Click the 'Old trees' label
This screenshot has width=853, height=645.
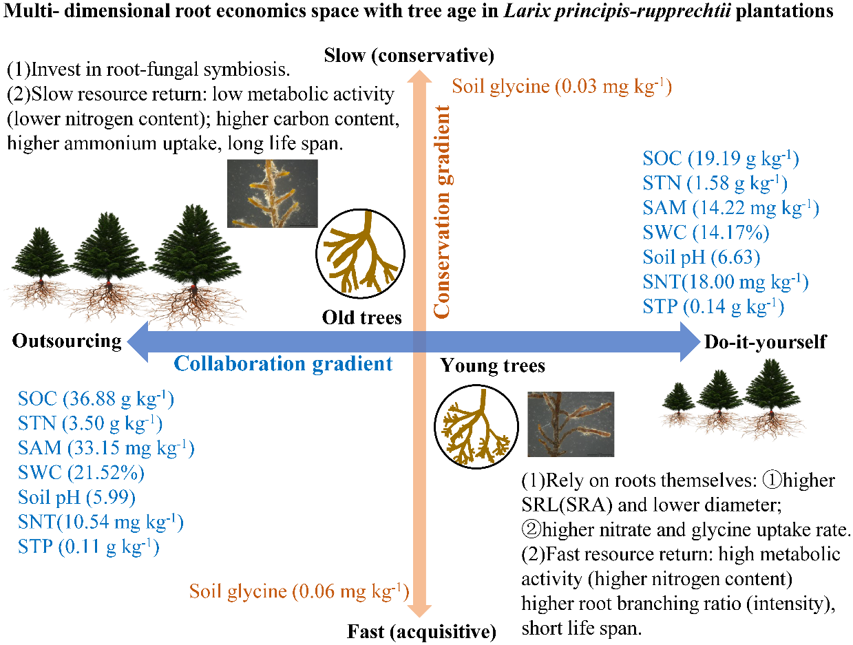point(361,317)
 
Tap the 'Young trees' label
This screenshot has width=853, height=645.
point(492,365)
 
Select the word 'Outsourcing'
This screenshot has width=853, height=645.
point(66,341)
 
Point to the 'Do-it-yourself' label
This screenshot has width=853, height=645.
point(765,341)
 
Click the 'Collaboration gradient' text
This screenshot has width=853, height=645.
point(283,363)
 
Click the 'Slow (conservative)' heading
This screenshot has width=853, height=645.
point(409,55)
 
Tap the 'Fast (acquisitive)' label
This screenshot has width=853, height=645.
point(421,631)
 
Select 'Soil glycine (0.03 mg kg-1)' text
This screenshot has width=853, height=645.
point(561,87)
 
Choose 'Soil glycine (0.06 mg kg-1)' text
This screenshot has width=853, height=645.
point(299,591)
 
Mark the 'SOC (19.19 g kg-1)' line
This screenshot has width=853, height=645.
point(720,159)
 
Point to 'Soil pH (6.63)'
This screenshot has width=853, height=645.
point(701,257)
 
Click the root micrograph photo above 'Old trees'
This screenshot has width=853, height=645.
point(273,193)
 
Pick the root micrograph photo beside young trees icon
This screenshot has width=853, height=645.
point(570,424)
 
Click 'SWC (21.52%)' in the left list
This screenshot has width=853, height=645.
point(81,473)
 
